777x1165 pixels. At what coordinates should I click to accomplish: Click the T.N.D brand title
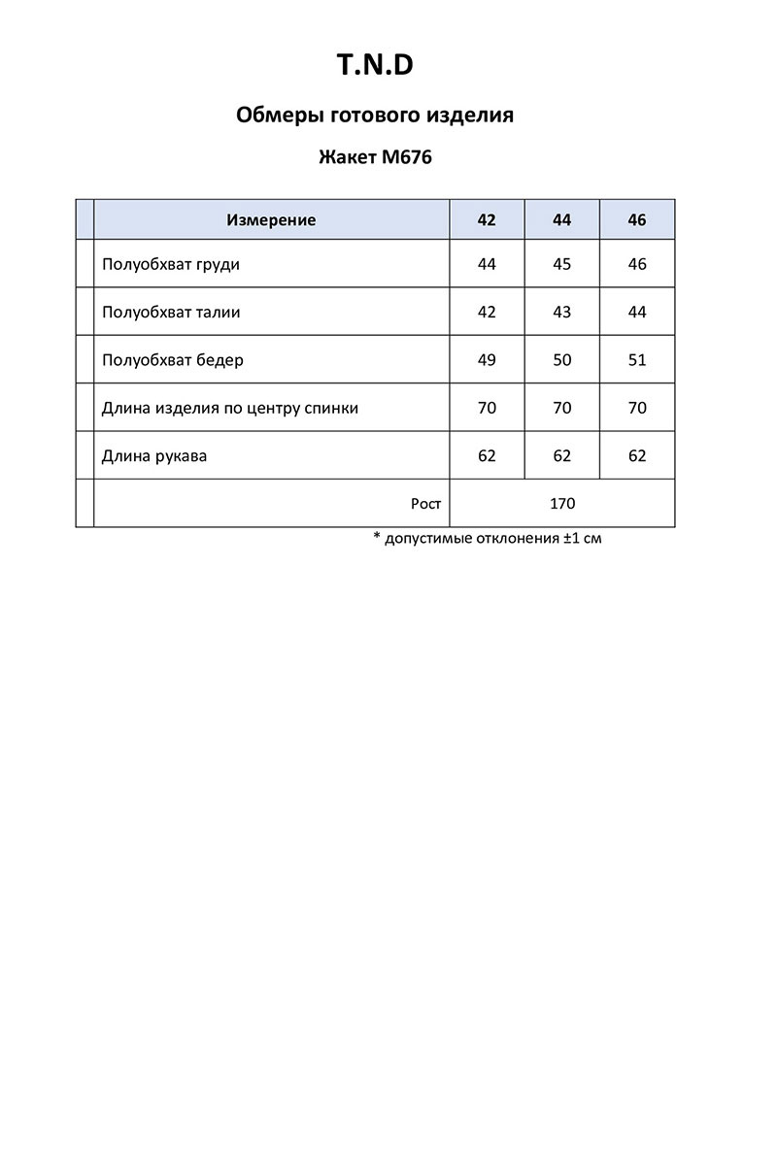coord(375,65)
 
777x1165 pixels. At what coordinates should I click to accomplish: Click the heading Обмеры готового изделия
coord(375,116)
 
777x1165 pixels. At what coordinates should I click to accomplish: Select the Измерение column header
coord(271,220)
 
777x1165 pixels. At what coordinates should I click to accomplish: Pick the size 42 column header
coord(487,220)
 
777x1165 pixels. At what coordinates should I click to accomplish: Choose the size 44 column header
coord(562,220)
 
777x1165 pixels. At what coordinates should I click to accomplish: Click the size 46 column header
coord(637,220)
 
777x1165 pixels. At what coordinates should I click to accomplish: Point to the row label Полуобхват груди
coord(170,264)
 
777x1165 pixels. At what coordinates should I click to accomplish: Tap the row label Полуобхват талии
coord(171,313)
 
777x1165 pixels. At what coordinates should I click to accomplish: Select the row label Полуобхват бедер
coord(173,360)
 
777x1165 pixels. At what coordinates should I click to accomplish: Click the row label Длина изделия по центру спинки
coord(230,408)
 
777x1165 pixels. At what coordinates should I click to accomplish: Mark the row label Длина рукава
coord(154,455)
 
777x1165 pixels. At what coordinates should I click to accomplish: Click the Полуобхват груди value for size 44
coord(562,264)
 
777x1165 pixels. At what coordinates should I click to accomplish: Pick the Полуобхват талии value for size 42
coord(487,313)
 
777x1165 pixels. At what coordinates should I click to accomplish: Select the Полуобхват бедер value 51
coord(637,360)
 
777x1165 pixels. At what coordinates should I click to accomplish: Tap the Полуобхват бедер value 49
coord(487,360)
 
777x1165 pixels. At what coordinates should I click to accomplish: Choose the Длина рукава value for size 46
coord(637,455)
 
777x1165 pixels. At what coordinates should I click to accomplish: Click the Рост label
coord(425,504)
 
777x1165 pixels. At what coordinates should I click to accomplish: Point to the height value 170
coord(562,504)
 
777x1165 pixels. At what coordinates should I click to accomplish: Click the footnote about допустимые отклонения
coord(488,538)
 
